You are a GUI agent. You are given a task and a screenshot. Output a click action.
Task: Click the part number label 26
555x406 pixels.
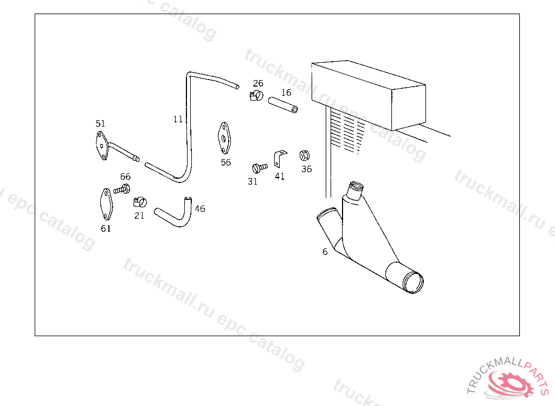[x=258, y=83]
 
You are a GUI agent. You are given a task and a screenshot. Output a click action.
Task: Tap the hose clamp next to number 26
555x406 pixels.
[x=256, y=95]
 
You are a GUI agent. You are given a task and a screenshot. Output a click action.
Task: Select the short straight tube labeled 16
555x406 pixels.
[x=283, y=105]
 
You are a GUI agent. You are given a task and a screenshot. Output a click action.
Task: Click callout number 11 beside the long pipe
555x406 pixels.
[x=178, y=119]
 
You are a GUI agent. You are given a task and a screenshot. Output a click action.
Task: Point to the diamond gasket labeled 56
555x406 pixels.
[x=224, y=138]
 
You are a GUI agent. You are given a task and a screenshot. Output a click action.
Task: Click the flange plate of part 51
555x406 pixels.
[x=102, y=146]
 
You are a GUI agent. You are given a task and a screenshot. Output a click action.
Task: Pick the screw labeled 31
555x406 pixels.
[x=260, y=167]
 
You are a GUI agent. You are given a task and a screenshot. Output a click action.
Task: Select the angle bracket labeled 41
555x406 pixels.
[x=280, y=159]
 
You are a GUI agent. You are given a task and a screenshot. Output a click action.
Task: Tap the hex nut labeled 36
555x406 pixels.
[x=305, y=155]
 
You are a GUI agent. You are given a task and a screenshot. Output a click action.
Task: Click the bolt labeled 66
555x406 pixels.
[x=122, y=189]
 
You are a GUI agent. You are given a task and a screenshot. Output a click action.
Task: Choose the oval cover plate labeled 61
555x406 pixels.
[x=106, y=205]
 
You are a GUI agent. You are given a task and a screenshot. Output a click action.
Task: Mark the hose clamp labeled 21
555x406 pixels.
[x=140, y=202]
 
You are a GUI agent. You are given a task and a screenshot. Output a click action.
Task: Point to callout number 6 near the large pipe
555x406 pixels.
[x=325, y=252]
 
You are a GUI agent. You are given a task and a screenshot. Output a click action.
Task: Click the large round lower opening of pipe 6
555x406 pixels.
[x=413, y=282]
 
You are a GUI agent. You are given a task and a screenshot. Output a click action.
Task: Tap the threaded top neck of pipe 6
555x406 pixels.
[x=355, y=191]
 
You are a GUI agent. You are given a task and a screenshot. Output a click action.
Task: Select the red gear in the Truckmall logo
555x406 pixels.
[x=512, y=384]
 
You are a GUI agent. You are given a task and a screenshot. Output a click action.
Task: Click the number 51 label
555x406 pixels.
[x=100, y=123]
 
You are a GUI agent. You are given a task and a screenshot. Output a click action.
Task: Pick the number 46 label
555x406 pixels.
[x=200, y=208]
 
